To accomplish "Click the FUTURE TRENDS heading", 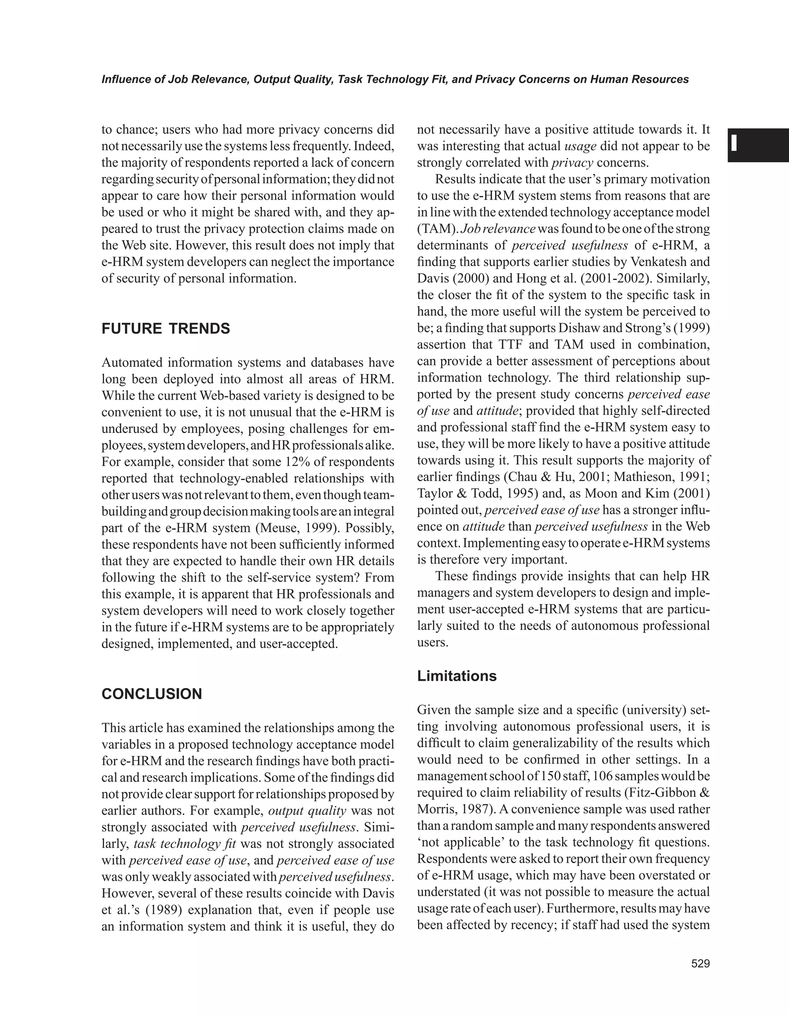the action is (165, 328).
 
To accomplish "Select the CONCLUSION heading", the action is (151, 694).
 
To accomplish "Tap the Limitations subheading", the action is (457, 676).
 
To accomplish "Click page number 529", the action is (700, 964).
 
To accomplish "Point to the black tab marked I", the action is (758, 145).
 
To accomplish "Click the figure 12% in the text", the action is (296, 462).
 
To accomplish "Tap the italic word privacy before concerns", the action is (572, 163).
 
